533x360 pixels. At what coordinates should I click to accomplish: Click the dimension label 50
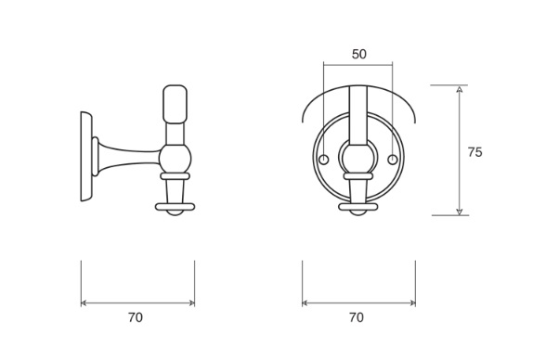pos(359,54)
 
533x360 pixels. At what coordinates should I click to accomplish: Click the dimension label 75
pos(474,152)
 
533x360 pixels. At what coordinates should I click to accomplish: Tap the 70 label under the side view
pos(136,317)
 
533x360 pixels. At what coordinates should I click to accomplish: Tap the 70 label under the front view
pos(357,317)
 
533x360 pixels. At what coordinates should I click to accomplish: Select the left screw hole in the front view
pos(323,160)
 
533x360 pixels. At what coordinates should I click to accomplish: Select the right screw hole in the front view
pos(393,160)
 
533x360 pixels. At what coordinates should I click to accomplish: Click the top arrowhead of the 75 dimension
pos(460,89)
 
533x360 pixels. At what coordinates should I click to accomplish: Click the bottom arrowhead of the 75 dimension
pos(460,212)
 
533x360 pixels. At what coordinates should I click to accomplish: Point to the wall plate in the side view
pos(86,156)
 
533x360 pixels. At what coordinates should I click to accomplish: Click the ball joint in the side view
pos(175,159)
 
